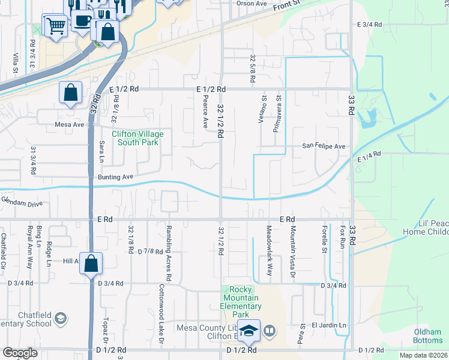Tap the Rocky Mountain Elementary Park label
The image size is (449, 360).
pos(240,302)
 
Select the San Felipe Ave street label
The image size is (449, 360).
pos(324,146)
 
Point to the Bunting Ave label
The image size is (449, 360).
pos(115,177)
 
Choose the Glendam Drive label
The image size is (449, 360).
pos(22,204)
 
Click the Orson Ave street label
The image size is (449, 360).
pos(251,3)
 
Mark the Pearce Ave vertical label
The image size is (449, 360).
pos(205,112)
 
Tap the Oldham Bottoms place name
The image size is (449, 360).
pos(428,336)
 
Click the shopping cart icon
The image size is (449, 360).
pos(55,26)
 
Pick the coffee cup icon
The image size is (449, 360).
pos(81,20)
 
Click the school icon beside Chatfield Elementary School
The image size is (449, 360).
pos(60,317)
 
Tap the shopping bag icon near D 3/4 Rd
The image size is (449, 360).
pos(91,263)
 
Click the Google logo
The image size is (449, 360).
pos(20,353)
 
